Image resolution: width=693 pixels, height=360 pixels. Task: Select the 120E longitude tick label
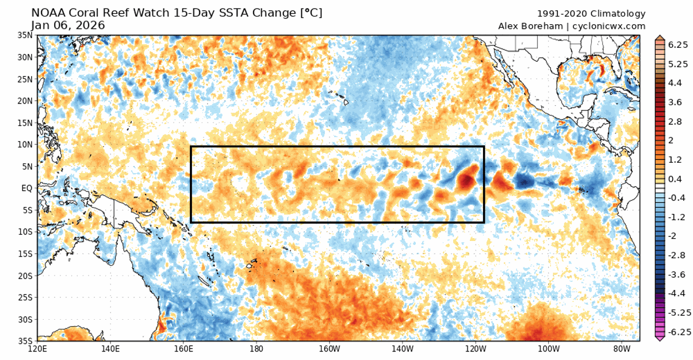37,348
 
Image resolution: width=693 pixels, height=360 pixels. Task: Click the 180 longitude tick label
256,348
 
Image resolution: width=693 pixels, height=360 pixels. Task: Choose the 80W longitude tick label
619,348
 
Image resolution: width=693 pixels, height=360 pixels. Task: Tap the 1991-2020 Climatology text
591,14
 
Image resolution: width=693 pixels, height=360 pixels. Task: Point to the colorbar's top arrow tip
659,36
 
